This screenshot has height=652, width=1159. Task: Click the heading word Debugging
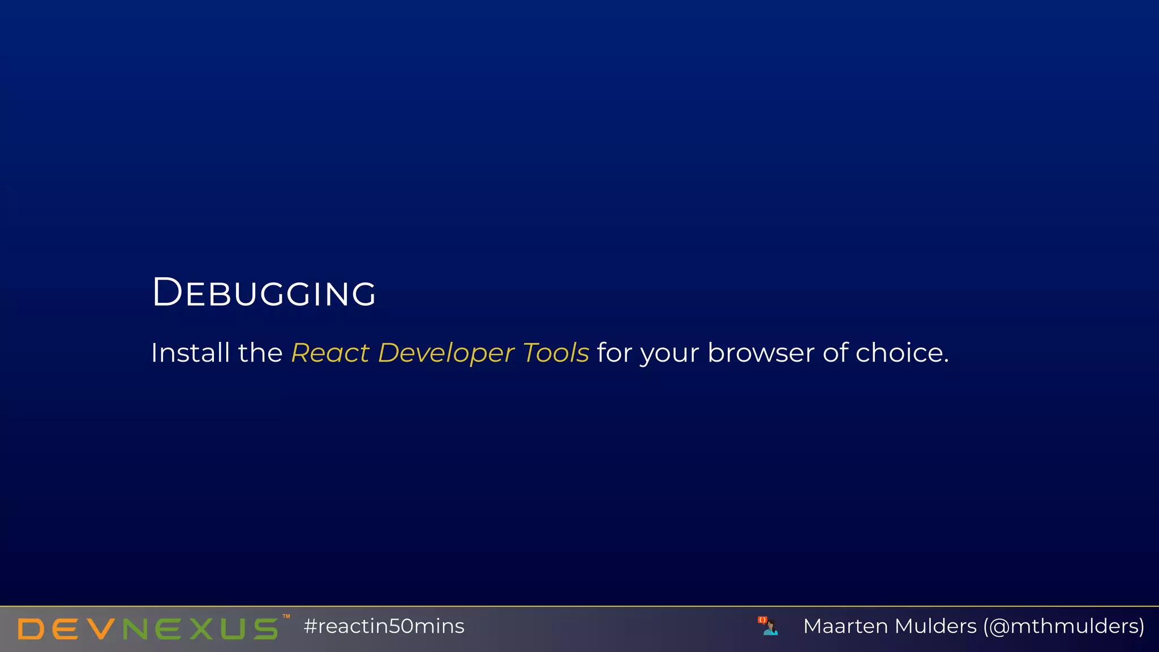(x=264, y=293)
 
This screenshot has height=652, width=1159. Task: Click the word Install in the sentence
(x=190, y=353)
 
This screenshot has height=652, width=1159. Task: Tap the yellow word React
(x=330, y=353)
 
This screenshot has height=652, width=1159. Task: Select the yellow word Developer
(x=446, y=353)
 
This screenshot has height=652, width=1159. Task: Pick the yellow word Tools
(x=556, y=353)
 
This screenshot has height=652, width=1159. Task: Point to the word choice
(x=902, y=353)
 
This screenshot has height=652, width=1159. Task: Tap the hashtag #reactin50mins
(x=384, y=627)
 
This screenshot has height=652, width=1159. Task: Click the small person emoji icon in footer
(x=769, y=626)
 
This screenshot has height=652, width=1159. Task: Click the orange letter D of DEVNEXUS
(x=31, y=629)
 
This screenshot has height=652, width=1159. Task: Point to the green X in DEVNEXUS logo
(x=201, y=629)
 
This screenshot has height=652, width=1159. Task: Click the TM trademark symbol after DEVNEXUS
(x=286, y=616)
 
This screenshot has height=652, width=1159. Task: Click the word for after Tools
(x=615, y=353)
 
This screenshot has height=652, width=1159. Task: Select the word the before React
(x=260, y=353)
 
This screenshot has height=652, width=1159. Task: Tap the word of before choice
(x=835, y=353)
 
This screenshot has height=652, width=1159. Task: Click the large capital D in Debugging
(x=167, y=293)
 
